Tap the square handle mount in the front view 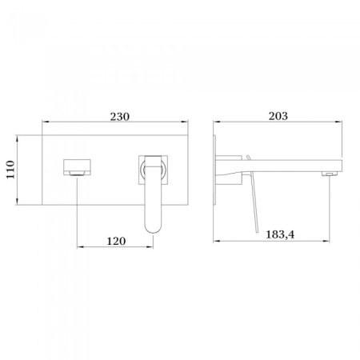(x=154, y=169)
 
